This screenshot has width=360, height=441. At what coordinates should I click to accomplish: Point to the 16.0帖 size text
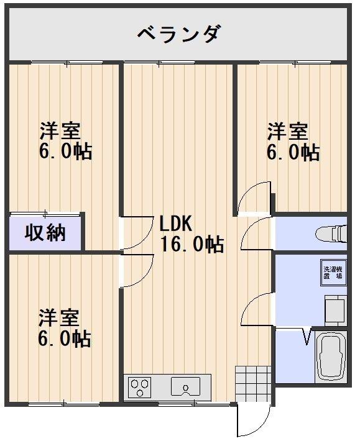click(x=192, y=244)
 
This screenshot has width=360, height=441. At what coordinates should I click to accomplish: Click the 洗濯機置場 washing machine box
click(x=335, y=274)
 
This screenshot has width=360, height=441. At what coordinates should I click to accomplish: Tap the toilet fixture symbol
click(x=332, y=234)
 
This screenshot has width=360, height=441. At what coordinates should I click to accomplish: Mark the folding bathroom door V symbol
click(x=306, y=337)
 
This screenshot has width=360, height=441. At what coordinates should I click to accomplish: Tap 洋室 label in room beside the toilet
click(x=287, y=132)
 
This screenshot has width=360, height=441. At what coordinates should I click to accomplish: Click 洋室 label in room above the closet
click(x=60, y=132)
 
